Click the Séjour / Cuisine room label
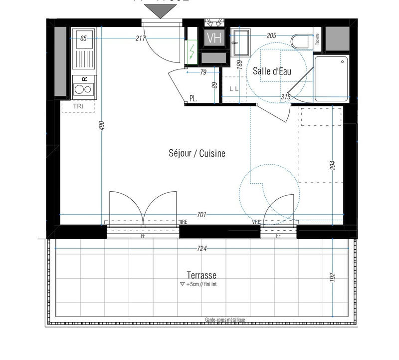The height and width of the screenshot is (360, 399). (197, 154)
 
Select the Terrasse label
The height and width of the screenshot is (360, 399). (201, 275)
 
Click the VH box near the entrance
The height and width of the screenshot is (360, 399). (214, 38)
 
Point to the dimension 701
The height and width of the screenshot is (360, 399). (201, 215)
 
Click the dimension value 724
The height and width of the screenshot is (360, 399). (201, 248)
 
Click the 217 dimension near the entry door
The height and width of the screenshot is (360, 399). (140, 38)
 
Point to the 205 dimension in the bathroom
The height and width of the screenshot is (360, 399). (271, 35)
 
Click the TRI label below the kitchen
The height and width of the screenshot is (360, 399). (78, 106)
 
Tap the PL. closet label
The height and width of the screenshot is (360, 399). (193, 98)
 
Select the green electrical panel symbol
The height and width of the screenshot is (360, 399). (192, 51)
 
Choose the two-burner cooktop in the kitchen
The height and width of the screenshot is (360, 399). (83, 89)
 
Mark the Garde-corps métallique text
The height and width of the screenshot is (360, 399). (225, 320)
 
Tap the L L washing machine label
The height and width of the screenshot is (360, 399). (234, 88)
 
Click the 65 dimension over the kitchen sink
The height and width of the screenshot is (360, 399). (83, 38)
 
